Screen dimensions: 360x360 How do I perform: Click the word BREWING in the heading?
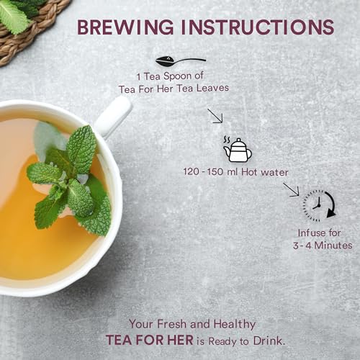pos(125,27)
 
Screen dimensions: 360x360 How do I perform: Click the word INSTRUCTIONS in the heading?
pos(258,27)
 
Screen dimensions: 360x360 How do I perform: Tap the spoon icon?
pos(181,61)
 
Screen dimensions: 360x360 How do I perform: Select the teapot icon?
pos(238,150)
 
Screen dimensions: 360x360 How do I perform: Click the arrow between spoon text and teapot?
pos(215,116)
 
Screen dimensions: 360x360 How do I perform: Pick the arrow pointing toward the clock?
pos(291,189)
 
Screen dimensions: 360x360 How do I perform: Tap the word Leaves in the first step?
pos(212,88)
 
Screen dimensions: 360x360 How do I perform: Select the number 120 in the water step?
pos(191,172)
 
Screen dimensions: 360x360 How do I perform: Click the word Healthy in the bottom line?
pos(235,325)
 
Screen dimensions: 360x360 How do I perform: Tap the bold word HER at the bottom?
pos(180,341)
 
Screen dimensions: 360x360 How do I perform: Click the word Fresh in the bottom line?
pos(172,324)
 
